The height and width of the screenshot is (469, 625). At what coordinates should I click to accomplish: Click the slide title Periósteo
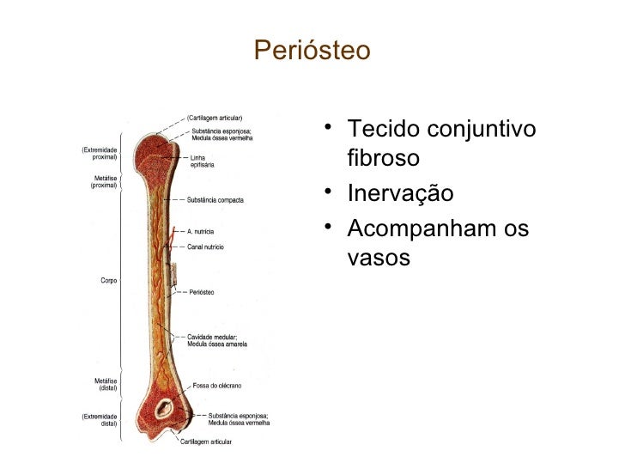[x=312, y=52]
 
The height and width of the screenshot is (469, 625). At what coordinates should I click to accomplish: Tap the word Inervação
[x=400, y=194]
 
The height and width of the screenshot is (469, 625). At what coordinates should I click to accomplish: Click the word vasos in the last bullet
[x=379, y=258]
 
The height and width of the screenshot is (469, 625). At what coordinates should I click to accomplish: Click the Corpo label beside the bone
[x=108, y=280]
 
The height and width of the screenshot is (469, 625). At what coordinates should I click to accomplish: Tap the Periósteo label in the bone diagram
[x=201, y=292]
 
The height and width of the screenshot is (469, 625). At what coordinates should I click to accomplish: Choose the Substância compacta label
[x=215, y=200]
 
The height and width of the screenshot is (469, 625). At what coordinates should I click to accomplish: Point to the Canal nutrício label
[x=205, y=247]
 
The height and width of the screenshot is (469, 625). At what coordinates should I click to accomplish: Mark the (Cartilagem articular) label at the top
[x=215, y=118]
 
